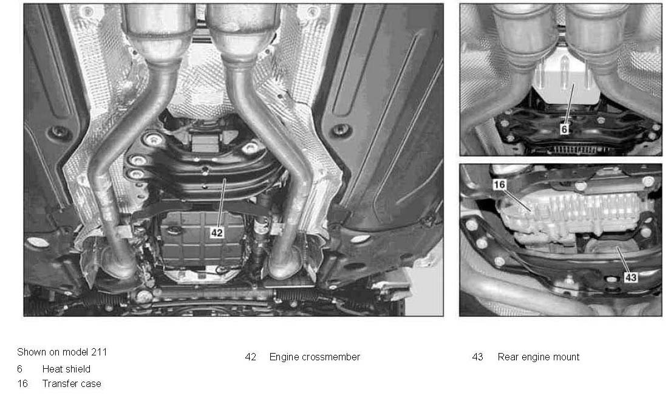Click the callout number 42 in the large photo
pos(217,232)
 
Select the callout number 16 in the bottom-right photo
pos(499,185)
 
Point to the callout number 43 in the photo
pos(631,277)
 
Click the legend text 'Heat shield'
pos(66,369)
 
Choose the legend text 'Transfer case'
pos(72,383)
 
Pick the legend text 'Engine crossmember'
pos(315,357)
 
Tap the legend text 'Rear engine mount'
pos(539,357)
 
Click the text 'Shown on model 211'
pos(62,352)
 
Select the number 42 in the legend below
pos(251,357)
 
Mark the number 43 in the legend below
pos(477,357)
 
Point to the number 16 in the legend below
pos(22,383)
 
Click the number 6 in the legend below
pos(19,369)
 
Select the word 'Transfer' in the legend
pos(60,383)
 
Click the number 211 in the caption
pos(99,352)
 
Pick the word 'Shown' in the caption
pos(31,352)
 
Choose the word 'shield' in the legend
pos(78,369)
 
